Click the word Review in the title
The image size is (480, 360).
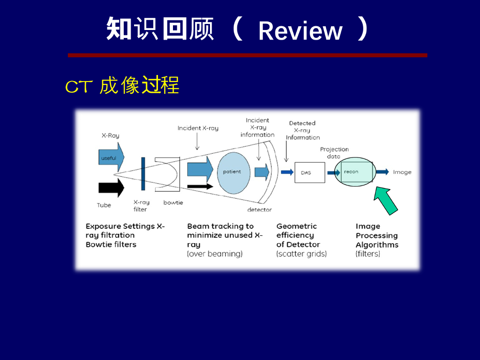pyautogui.click(x=300, y=31)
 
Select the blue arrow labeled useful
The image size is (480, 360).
pyautogui.click(x=111, y=158)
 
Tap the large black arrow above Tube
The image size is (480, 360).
pyautogui.click(x=111, y=187)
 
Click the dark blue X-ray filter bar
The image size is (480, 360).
pyautogui.click(x=143, y=174)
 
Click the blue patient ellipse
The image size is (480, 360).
pyautogui.click(x=232, y=172)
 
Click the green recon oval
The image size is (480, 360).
pyautogui.click(x=355, y=172)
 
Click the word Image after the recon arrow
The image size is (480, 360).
pyautogui.click(x=402, y=172)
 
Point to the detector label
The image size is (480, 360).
pyautogui.click(x=259, y=210)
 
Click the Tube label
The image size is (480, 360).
pyautogui.click(x=104, y=205)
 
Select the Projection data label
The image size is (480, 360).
pyautogui.click(x=334, y=153)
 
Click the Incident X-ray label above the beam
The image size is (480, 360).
pyautogui.click(x=198, y=128)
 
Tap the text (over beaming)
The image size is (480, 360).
pyautogui.click(x=215, y=254)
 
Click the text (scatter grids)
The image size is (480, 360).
pyautogui.click(x=301, y=254)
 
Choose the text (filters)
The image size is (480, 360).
pyautogui.click(x=368, y=254)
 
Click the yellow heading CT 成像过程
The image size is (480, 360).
pyautogui.click(x=122, y=86)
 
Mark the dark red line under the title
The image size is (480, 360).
pyautogui.click(x=247, y=55)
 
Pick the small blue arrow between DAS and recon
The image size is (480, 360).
pyautogui.click(x=333, y=172)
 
